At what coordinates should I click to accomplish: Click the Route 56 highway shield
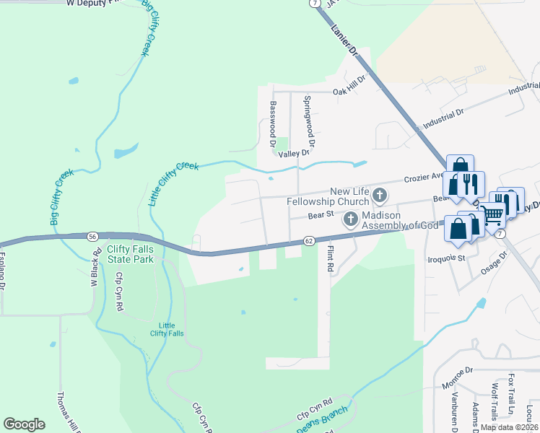pos(92,236)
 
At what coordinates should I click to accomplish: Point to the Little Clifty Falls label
pos(171,329)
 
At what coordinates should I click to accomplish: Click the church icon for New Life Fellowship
pos(380,195)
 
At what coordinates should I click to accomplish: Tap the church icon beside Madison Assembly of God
pos(351,219)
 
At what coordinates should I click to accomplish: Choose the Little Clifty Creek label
pos(173,184)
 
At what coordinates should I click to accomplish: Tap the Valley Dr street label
pos(294,153)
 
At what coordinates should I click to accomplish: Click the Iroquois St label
pos(448,258)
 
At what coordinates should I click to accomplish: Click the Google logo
pos(24,424)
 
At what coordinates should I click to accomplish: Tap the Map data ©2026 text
pos(508,427)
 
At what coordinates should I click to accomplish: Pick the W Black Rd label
pos(94,271)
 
